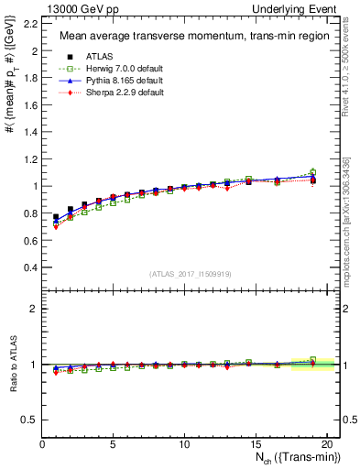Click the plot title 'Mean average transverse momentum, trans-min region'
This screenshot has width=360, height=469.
[187, 37]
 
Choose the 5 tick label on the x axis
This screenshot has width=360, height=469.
[113, 445]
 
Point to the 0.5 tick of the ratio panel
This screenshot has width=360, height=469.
[32, 420]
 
